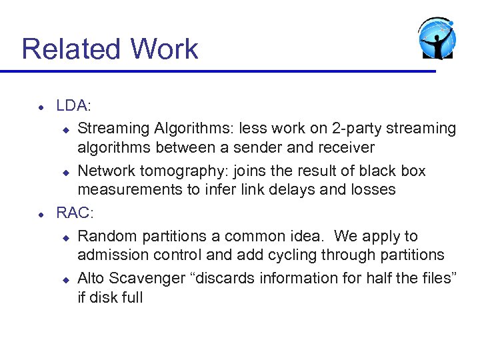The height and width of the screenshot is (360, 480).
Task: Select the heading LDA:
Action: [x=74, y=106]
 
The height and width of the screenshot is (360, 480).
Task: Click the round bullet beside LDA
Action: [x=41, y=107]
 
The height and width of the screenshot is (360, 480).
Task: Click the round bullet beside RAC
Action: [x=41, y=214]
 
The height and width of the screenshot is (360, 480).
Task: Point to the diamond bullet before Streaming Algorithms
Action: [x=66, y=129]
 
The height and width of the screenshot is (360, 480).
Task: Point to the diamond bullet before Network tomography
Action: [x=66, y=172]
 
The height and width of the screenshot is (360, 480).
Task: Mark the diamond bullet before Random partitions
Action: [x=66, y=237]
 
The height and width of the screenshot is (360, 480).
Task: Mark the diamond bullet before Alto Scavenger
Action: [x=66, y=279]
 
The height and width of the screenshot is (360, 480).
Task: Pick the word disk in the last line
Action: [x=105, y=298]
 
